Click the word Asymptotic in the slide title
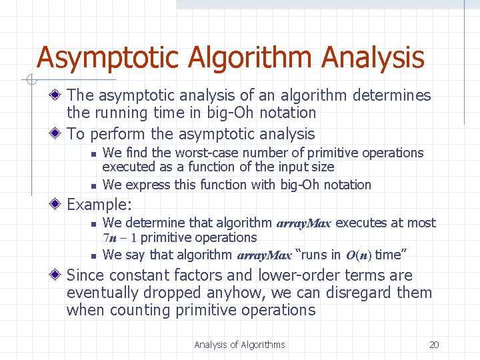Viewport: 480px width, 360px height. click(x=109, y=58)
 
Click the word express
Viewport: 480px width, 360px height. click(x=146, y=185)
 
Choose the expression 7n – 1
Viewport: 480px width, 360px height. click(x=120, y=238)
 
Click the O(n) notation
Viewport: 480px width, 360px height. click(x=359, y=255)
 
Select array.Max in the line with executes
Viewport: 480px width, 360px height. click(x=303, y=223)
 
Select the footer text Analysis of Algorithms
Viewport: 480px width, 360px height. click(x=239, y=345)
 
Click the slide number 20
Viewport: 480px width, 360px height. click(x=434, y=345)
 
